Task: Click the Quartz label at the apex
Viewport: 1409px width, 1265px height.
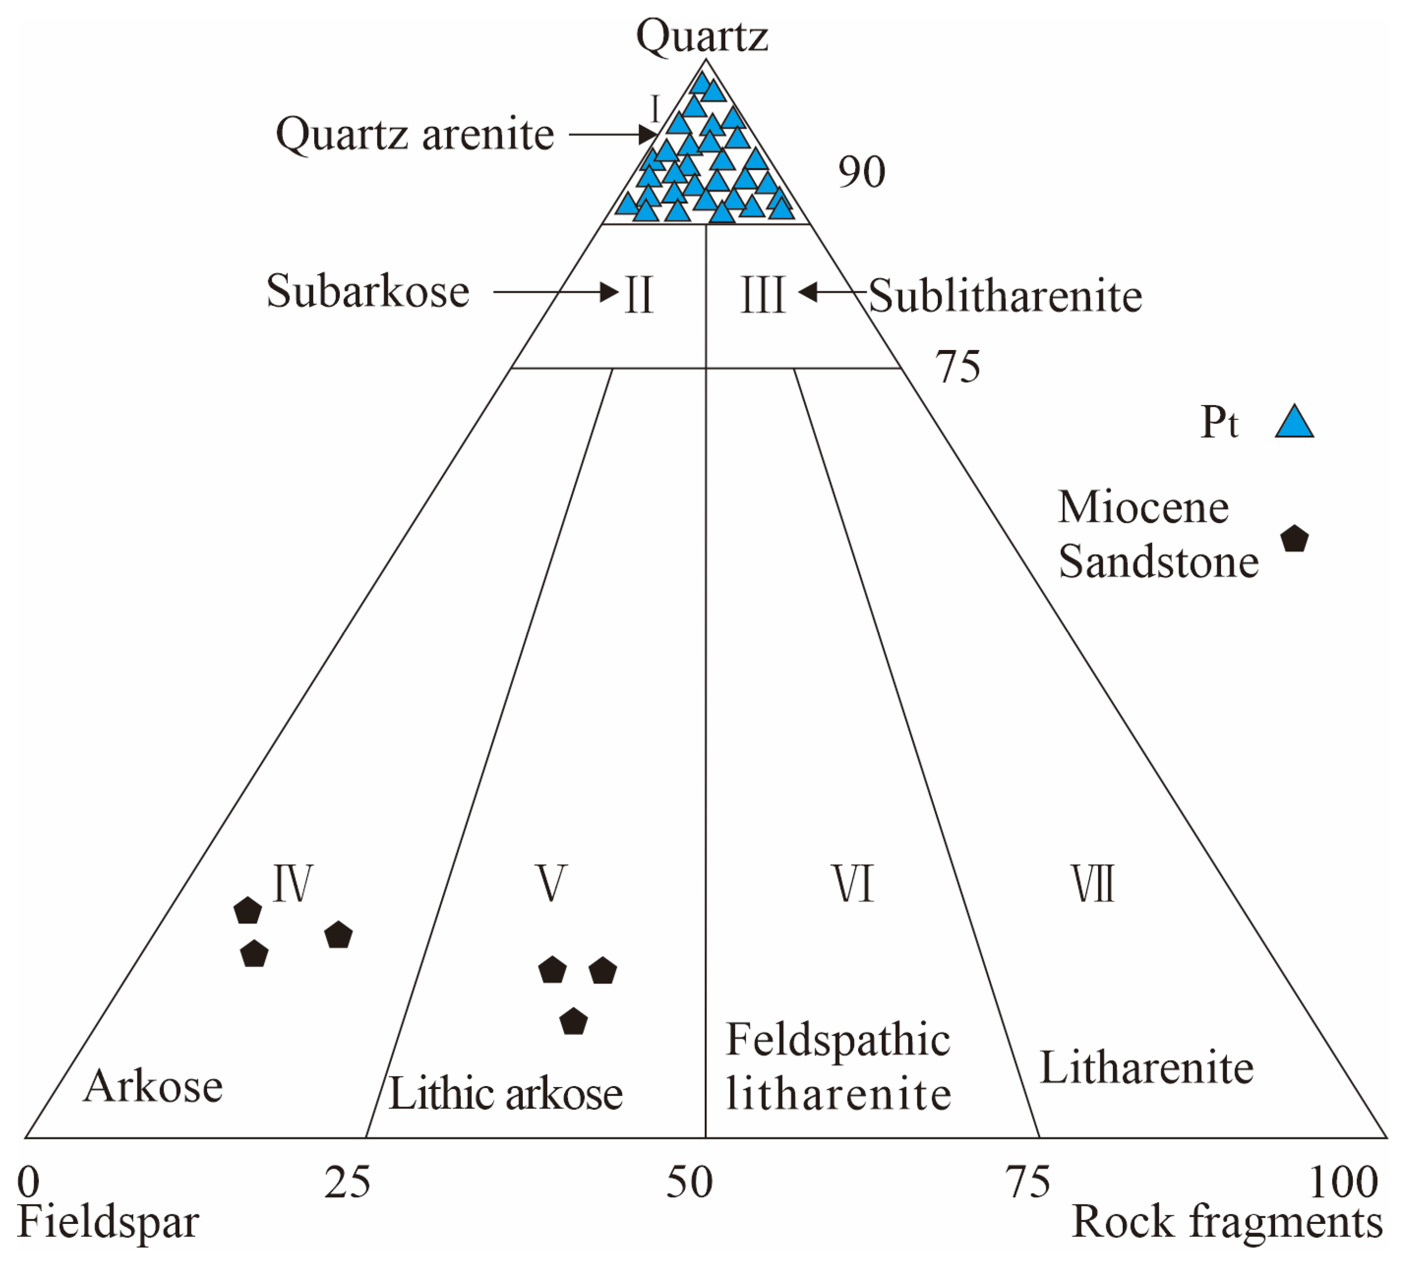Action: click(x=702, y=36)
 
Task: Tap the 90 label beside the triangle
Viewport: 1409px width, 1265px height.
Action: click(x=862, y=172)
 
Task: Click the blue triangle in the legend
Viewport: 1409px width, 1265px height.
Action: click(x=1294, y=422)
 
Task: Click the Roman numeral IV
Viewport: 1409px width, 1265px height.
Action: click(x=293, y=883)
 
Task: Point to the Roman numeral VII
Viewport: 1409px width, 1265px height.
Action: click(x=1092, y=883)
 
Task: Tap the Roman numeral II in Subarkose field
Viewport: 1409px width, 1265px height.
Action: click(x=639, y=295)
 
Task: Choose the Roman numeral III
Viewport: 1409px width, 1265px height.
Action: click(x=763, y=295)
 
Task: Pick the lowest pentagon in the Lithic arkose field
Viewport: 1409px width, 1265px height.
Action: click(x=573, y=1022)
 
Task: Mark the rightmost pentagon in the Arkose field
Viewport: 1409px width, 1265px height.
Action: click(x=338, y=935)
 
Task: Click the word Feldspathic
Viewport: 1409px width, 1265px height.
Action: click(x=838, y=1040)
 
